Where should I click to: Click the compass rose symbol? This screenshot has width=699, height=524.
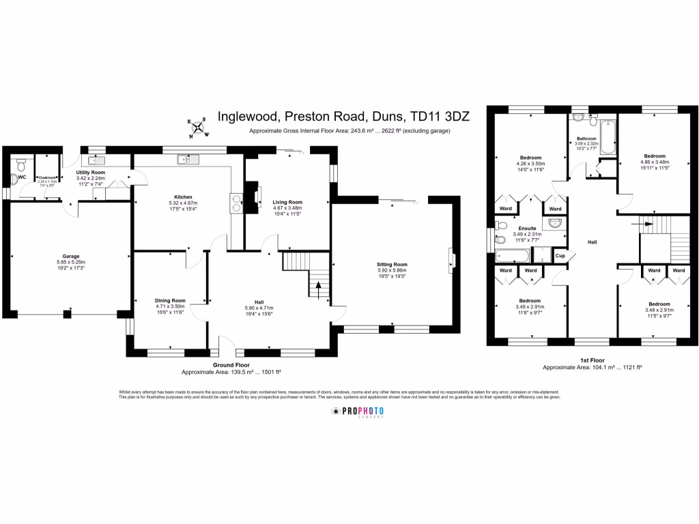199,127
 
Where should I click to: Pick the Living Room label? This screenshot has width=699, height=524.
287,202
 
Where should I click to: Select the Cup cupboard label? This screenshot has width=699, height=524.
560,256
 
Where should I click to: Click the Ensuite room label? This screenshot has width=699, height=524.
527,229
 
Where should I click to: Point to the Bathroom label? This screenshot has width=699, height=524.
586,139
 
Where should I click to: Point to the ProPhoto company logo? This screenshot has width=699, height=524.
358,411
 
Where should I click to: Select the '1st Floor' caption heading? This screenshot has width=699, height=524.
593,360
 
